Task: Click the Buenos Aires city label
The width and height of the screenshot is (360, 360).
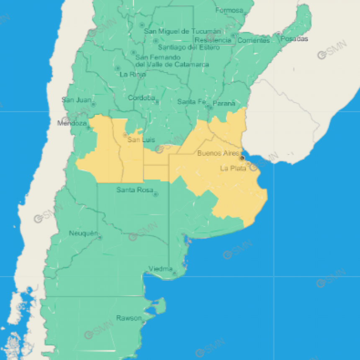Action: tap(218, 153)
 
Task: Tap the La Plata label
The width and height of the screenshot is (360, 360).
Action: tap(233, 168)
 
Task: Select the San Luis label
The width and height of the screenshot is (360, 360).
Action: tap(141, 139)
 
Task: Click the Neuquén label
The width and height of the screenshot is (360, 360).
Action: tap(83, 233)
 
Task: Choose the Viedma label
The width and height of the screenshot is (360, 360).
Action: tap(160, 269)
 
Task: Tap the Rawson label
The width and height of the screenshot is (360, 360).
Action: tap(129, 318)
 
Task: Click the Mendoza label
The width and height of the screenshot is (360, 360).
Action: tap(72, 123)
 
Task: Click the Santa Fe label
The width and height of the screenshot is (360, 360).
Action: tap(192, 102)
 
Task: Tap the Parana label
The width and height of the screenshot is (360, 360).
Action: tap(224, 103)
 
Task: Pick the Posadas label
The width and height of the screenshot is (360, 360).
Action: tap(294, 39)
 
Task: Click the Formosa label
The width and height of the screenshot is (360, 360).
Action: tap(229, 10)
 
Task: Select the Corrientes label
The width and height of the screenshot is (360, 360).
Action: tap(254, 41)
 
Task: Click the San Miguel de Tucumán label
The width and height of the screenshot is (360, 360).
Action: tap(182, 31)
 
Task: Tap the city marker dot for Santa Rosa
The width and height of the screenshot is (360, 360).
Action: tap(155, 194)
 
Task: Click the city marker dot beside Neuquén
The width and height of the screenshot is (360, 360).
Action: tap(100, 237)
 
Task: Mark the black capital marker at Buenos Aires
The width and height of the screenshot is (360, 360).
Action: tap(242, 158)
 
